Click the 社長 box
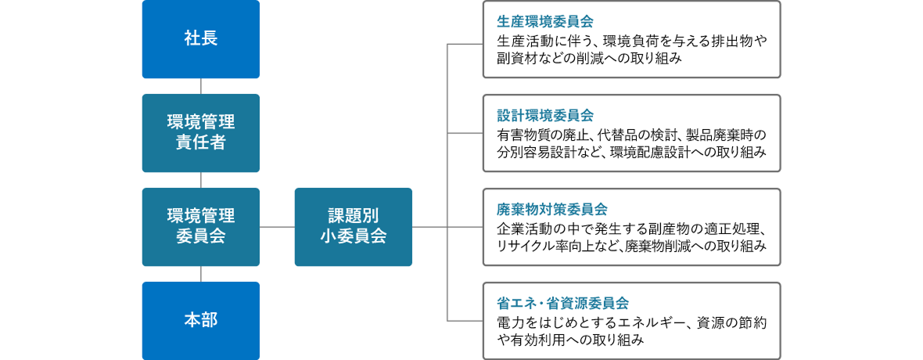(200, 39)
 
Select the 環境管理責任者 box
(200, 133)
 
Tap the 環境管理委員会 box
(200, 227)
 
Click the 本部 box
(200, 321)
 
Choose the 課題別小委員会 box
(353, 227)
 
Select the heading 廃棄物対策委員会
(551, 209)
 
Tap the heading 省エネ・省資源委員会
(562, 303)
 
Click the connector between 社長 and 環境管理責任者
(201, 86)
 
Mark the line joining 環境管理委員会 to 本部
(201, 274)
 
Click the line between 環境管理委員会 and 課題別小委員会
(277, 227)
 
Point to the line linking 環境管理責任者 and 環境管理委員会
(201, 180)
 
